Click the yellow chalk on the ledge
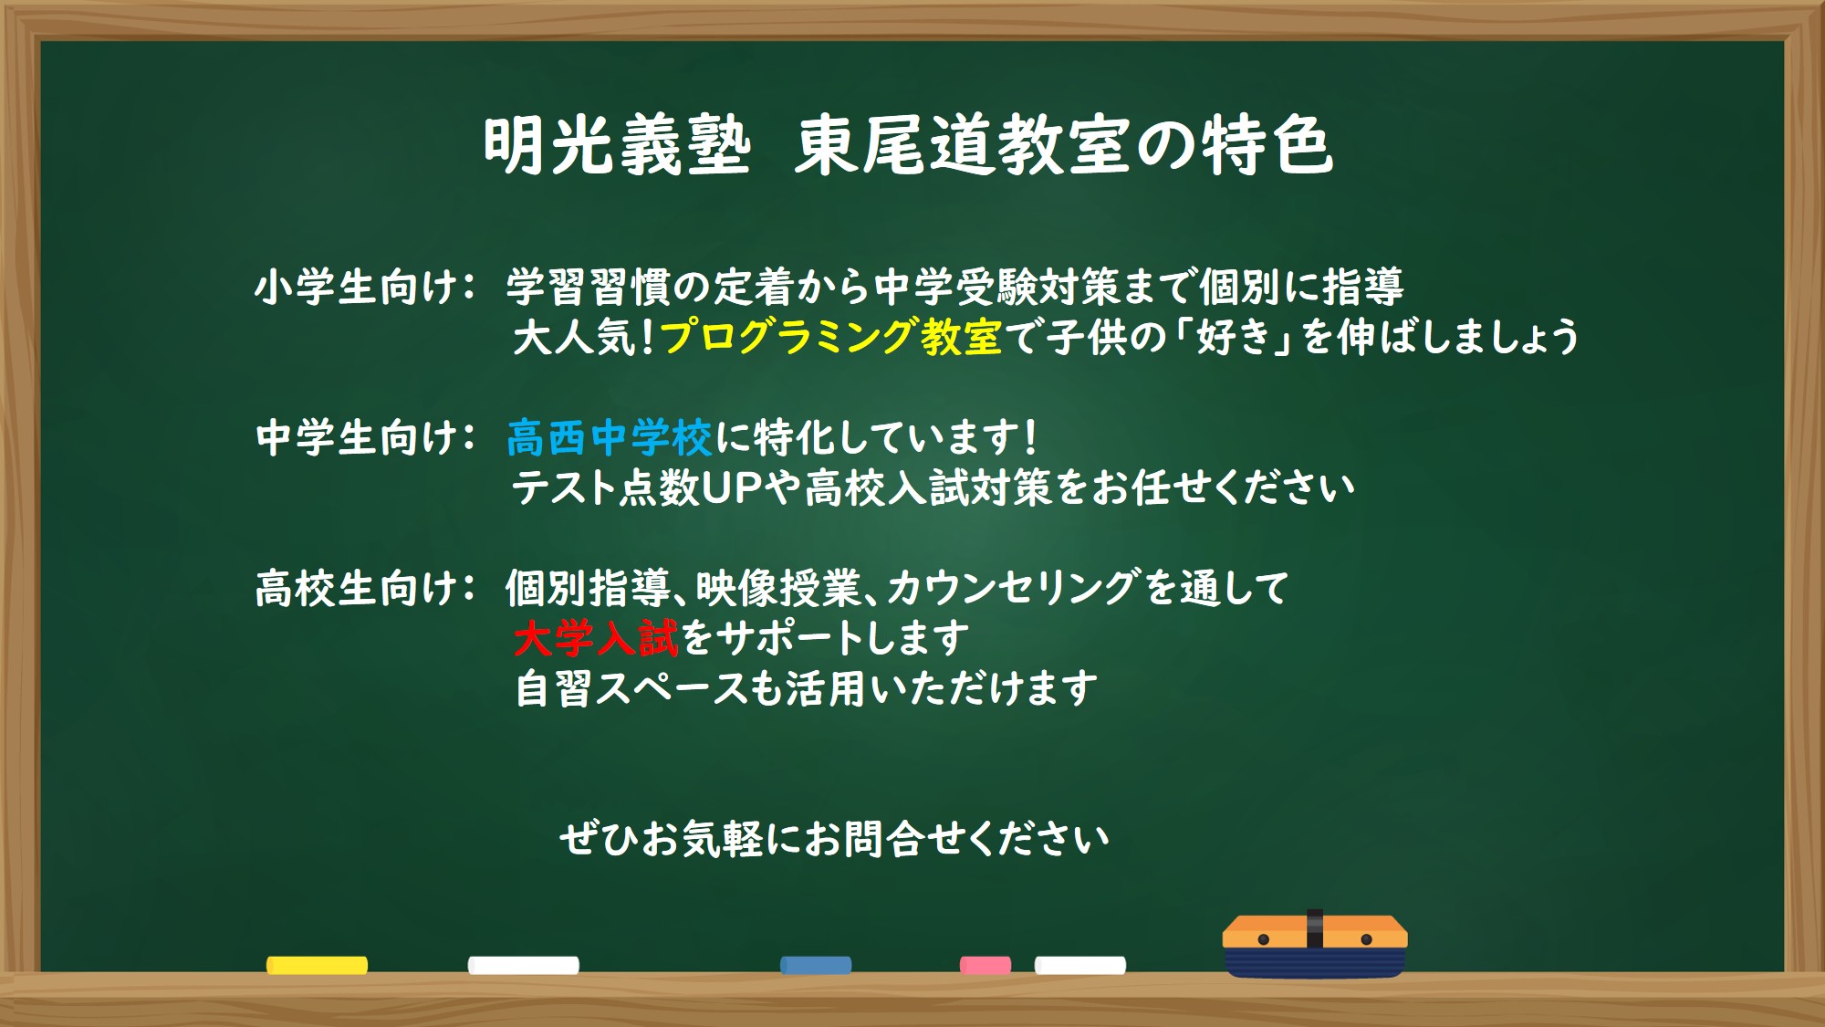(317, 965)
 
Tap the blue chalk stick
(816, 965)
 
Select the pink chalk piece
(985, 965)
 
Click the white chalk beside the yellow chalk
(524, 965)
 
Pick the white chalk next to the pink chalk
(1080, 965)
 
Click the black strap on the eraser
(1315, 928)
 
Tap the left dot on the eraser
(1264, 939)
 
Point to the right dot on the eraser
(1366, 939)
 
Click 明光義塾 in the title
(617, 146)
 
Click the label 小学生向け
(355, 288)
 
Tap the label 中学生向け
(355, 437)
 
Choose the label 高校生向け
(355, 588)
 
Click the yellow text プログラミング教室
(830, 337)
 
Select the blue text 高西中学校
(609, 437)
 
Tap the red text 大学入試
(596, 638)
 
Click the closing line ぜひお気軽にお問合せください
(834, 839)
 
